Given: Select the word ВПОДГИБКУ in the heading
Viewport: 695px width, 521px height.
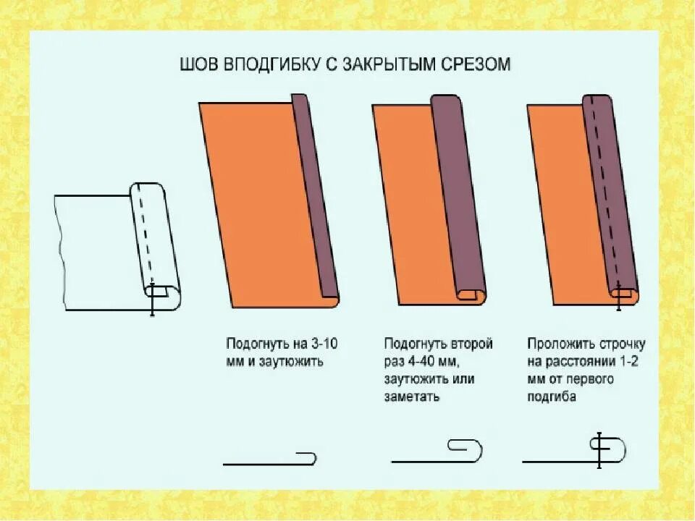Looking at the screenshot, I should point(269,65).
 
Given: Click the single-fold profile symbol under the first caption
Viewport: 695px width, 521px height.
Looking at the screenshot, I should point(269,459).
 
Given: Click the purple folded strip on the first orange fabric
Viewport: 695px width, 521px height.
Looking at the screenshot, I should point(316,195).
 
